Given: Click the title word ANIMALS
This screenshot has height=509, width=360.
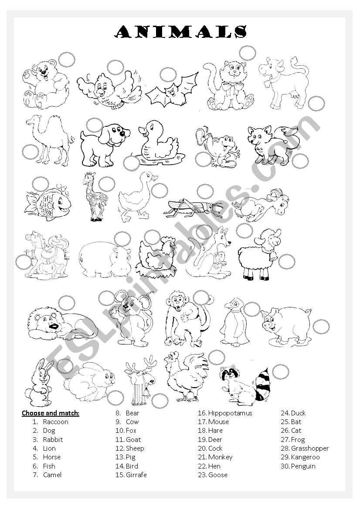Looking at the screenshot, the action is tap(180, 31).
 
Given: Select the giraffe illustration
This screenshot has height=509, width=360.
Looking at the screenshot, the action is tap(95, 197).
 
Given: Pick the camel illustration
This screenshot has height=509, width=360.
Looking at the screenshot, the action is tap(49, 140).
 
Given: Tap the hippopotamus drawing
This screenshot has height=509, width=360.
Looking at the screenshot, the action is tap(105, 260).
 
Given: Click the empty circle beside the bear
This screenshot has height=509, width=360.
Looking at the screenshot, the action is tap(67, 60).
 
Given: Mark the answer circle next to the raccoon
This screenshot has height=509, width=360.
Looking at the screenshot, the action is tap(280, 372).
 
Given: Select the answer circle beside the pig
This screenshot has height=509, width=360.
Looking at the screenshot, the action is tap(321, 327).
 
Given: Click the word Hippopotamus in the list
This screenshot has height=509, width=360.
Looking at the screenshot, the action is tap(230, 413).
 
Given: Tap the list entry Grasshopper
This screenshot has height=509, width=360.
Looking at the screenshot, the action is tap(310, 448).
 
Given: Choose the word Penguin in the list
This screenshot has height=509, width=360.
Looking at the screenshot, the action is tap(303, 466).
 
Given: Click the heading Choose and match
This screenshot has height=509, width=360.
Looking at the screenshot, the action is tap(51, 413).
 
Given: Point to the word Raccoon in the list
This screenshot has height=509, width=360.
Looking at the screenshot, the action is tap(55, 422).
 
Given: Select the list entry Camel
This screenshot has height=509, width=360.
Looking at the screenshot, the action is tap(52, 475).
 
